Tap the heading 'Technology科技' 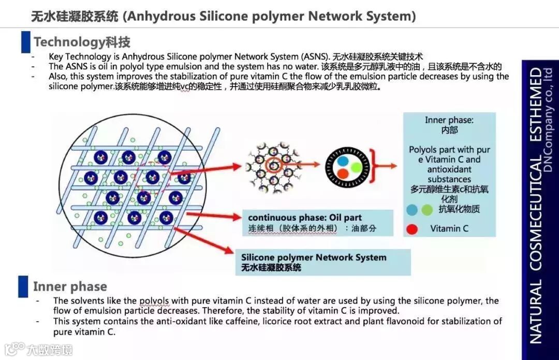pos(82,42)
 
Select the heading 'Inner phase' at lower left pos(70,286)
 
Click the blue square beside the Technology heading pos(25,42)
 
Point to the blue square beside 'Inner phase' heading pos(23,286)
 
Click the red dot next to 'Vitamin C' pos(412,228)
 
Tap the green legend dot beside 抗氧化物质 pos(426,210)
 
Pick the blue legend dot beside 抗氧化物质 pos(412,210)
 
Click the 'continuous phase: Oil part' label pos(305,218)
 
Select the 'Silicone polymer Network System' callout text pos(314,257)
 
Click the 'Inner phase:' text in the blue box pos(449,120)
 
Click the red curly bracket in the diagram pos(377,166)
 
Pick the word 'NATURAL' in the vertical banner pos(536,311)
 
